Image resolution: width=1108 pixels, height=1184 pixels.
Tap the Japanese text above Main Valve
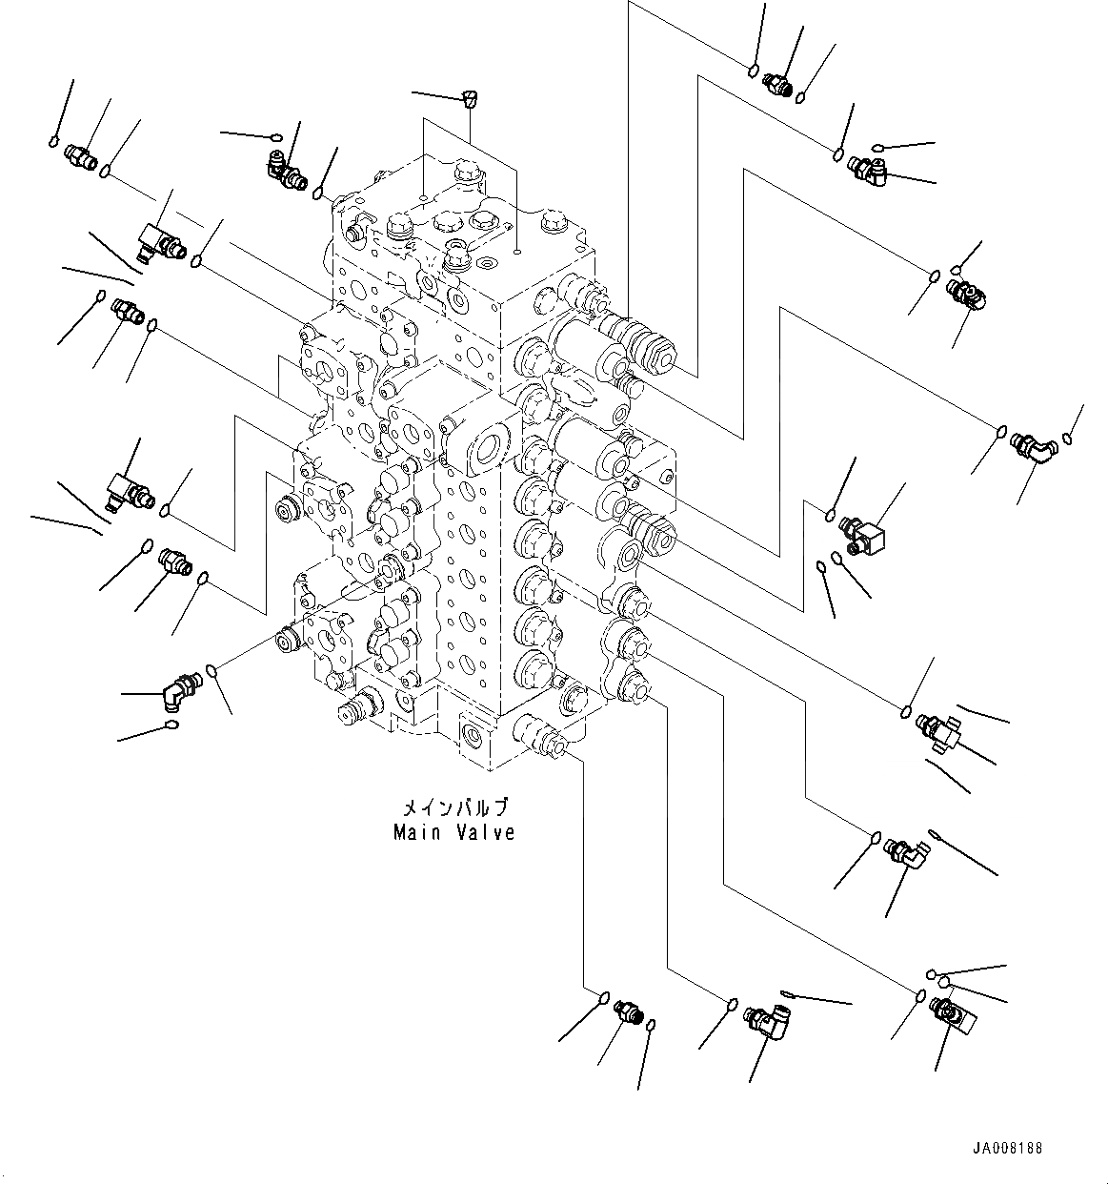click(x=454, y=808)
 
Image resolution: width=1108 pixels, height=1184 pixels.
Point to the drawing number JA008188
click(x=1008, y=1148)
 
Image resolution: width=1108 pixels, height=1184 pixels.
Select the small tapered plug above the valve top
click(x=469, y=95)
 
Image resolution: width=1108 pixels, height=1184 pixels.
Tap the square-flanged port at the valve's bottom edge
click(x=473, y=732)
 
